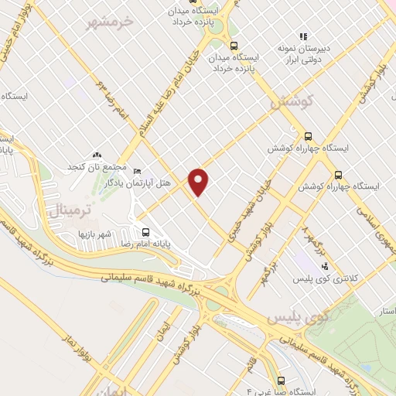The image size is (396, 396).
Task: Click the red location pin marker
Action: [200, 182]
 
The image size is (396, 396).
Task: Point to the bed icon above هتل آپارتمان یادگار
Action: [138, 171]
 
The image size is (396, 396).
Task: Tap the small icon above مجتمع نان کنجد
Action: [97, 155]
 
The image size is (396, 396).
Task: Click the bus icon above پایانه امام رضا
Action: [145, 231]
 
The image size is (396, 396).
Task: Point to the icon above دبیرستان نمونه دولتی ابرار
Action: [304, 36]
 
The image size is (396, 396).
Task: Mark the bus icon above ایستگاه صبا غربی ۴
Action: [280, 381]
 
